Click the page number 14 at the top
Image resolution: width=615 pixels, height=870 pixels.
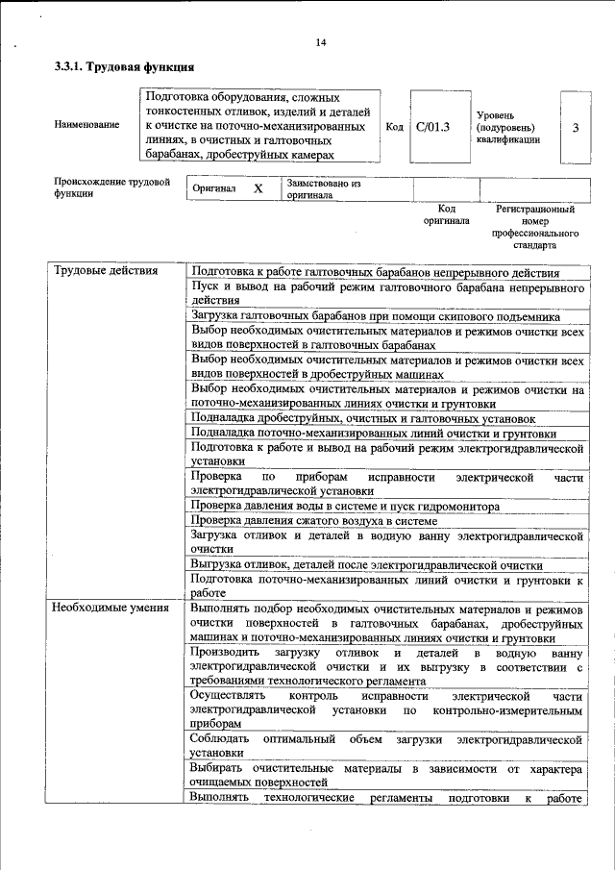320,42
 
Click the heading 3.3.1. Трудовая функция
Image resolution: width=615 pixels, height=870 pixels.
124,67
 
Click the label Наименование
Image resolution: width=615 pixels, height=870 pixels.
86,125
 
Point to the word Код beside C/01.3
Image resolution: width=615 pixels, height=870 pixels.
394,126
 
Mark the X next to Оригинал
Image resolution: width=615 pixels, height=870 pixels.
258,189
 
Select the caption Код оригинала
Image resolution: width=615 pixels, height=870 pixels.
446,214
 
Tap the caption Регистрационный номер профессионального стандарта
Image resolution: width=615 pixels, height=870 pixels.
534,227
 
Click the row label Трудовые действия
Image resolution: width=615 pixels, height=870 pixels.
105,271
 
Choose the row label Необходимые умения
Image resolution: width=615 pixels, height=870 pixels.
111,608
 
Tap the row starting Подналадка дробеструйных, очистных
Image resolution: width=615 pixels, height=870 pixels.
362,418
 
